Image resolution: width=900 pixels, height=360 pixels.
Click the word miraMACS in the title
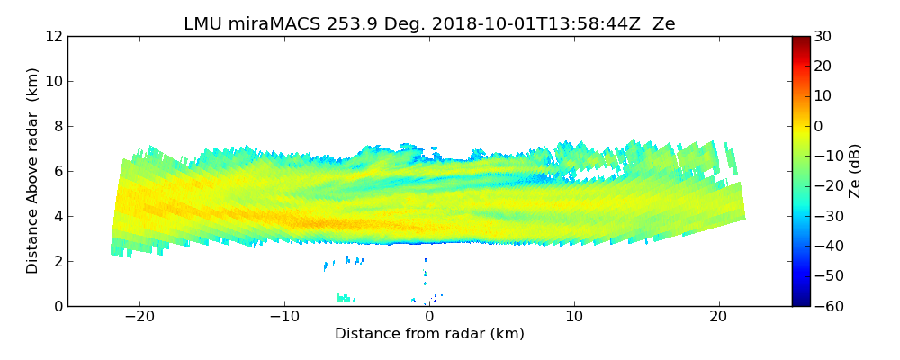(x=269, y=24)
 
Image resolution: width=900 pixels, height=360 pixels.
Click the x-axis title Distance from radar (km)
(x=429, y=334)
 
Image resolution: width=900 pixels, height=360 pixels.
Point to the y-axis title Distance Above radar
(x=33, y=171)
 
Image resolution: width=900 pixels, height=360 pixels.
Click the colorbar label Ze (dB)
(x=854, y=171)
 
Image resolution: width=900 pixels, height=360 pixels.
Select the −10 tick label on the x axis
(x=284, y=317)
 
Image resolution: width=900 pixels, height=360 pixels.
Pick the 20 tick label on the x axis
(x=718, y=317)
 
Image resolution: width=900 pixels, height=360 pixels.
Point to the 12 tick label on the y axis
(x=53, y=37)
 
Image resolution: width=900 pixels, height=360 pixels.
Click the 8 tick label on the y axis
(x=58, y=127)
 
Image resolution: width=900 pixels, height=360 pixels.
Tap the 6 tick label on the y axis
(x=58, y=172)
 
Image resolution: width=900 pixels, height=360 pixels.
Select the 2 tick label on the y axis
(x=58, y=262)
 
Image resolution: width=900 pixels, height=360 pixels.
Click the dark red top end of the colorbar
(x=801, y=40)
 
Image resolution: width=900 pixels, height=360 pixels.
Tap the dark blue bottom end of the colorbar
(x=801, y=302)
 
